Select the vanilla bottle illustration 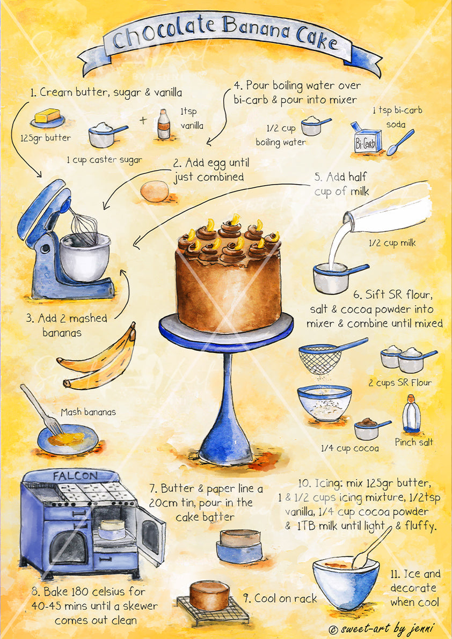[x=164, y=124]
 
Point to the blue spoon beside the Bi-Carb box [x=400, y=142]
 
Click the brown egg [x=154, y=192]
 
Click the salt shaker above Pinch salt [x=411, y=416]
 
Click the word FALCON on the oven [x=75, y=475]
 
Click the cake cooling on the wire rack [x=209, y=596]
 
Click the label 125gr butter [x=50, y=138]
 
